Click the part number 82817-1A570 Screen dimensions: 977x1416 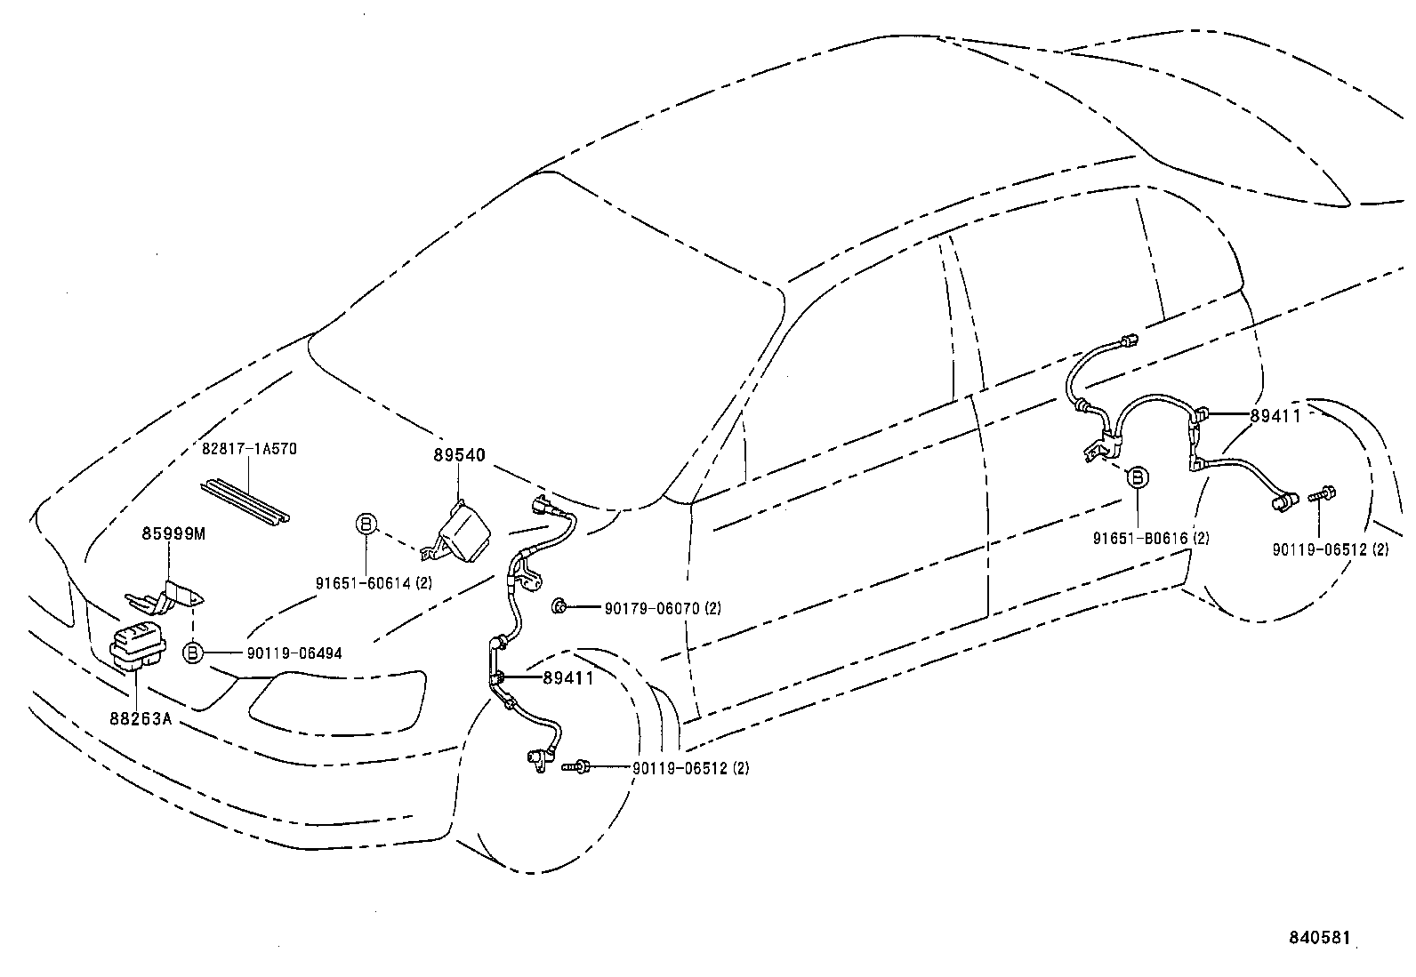pos(249,449)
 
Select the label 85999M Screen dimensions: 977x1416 pos(173,533)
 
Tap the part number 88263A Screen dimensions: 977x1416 pos(140,717)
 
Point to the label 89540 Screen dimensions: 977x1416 pos(460,455)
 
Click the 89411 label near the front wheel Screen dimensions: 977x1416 pos(568,678)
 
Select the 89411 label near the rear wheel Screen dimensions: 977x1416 pos(1275,416)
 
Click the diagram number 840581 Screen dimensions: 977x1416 pos(1321,938)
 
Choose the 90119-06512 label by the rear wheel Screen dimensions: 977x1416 pos(1330,549)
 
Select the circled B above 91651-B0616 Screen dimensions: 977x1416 pos(1137,477)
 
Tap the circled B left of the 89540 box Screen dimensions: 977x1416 pos(366,524)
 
